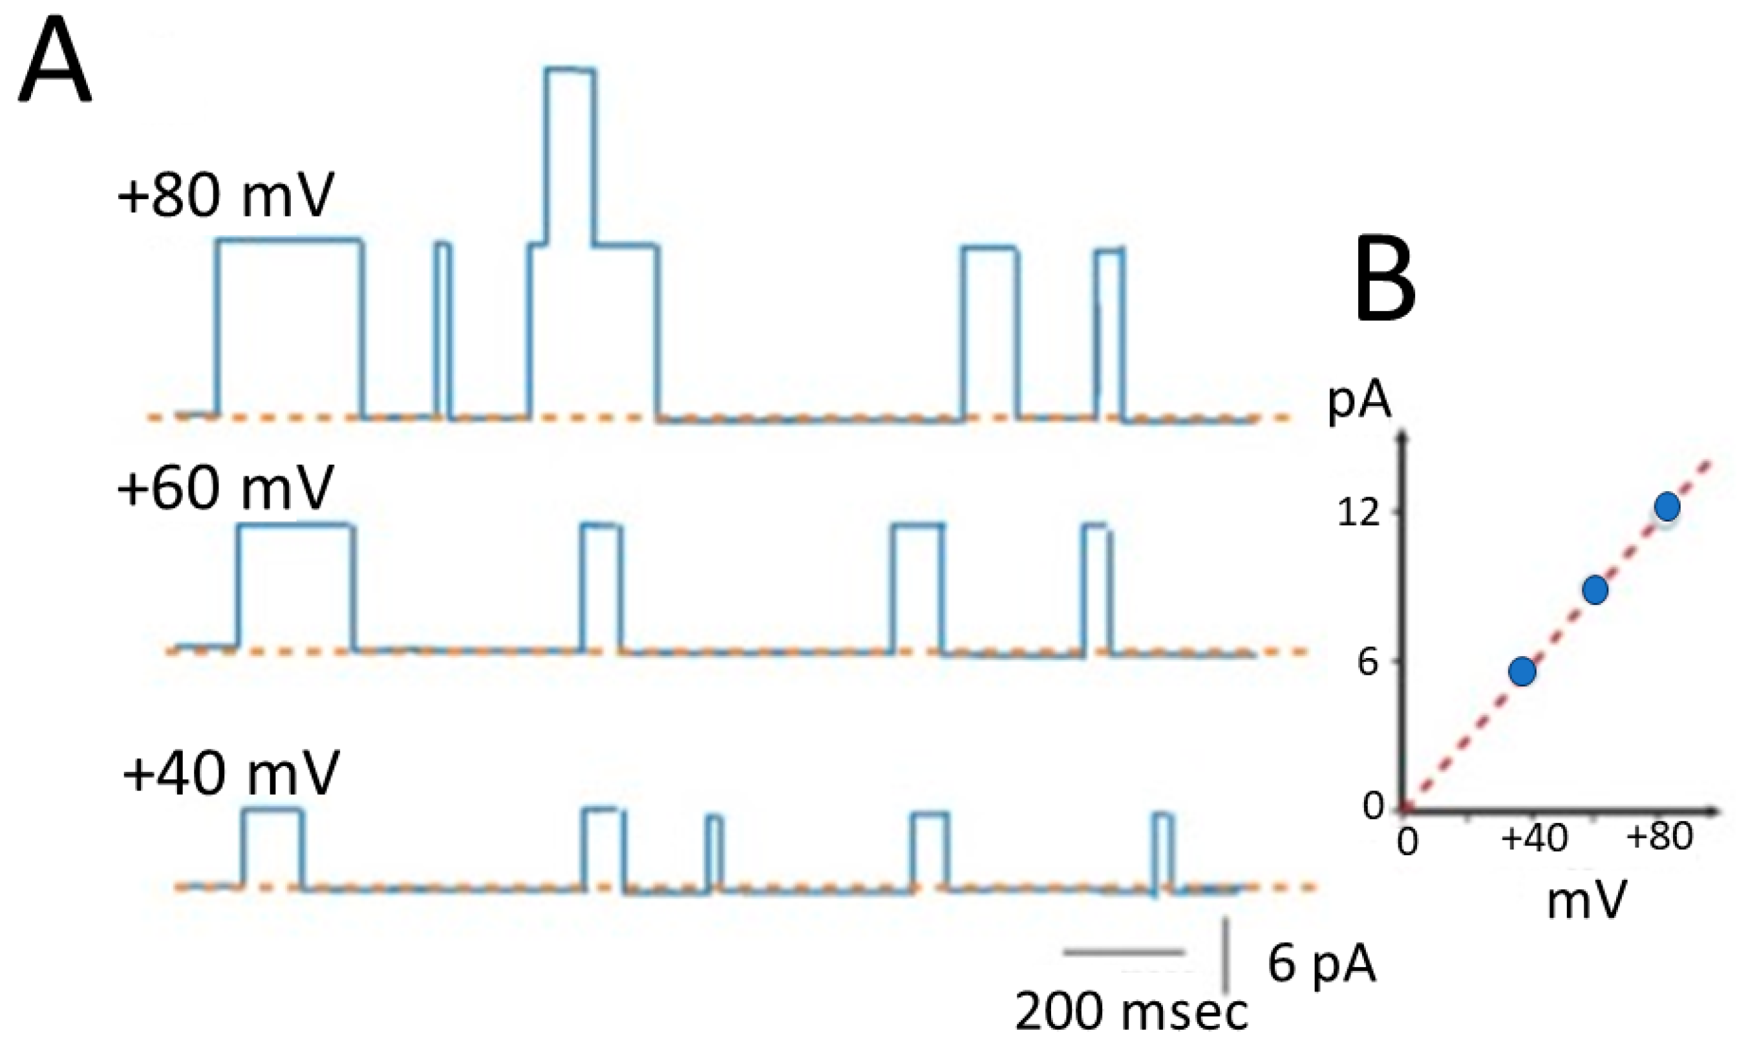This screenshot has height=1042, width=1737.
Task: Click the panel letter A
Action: coord(55,65)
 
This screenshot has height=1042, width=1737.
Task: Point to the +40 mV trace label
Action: coord(230,773)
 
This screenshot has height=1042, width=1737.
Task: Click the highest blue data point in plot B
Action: coord(1667,506)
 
